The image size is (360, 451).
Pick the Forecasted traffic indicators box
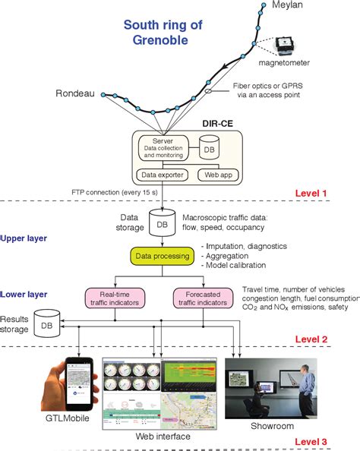(203, 298)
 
